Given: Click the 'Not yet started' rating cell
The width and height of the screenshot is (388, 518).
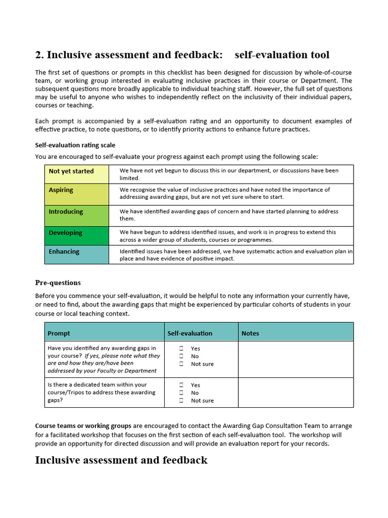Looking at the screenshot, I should pos(76,174).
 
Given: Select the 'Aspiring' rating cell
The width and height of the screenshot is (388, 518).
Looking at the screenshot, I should pos(76,194).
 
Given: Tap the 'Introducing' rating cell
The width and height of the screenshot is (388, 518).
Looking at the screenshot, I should pos(76,215).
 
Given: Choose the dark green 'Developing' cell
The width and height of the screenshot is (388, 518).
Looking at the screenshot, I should pos(76,236).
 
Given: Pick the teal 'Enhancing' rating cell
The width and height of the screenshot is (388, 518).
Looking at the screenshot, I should pos(76,254).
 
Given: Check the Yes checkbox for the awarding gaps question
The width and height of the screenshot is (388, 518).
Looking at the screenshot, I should pos(181,349).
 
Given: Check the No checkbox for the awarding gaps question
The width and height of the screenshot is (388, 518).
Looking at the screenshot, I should pos(181,356).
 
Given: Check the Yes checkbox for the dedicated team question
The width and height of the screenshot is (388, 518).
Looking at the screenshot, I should pos(181,385).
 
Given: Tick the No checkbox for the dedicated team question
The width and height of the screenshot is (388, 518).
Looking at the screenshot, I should pos(181,393).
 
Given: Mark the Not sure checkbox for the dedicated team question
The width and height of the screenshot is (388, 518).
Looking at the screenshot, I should pos(181,401).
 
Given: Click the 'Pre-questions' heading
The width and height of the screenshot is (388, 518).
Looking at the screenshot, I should pos(58,283).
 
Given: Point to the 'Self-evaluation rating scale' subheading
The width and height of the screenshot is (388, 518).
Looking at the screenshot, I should pos(75,145).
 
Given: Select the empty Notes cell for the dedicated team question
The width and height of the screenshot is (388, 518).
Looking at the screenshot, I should pos(296,393).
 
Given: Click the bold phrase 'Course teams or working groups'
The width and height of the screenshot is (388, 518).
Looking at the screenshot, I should pos(83,425).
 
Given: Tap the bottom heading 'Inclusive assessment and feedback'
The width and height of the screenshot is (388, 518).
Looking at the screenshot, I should pos(121,460).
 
